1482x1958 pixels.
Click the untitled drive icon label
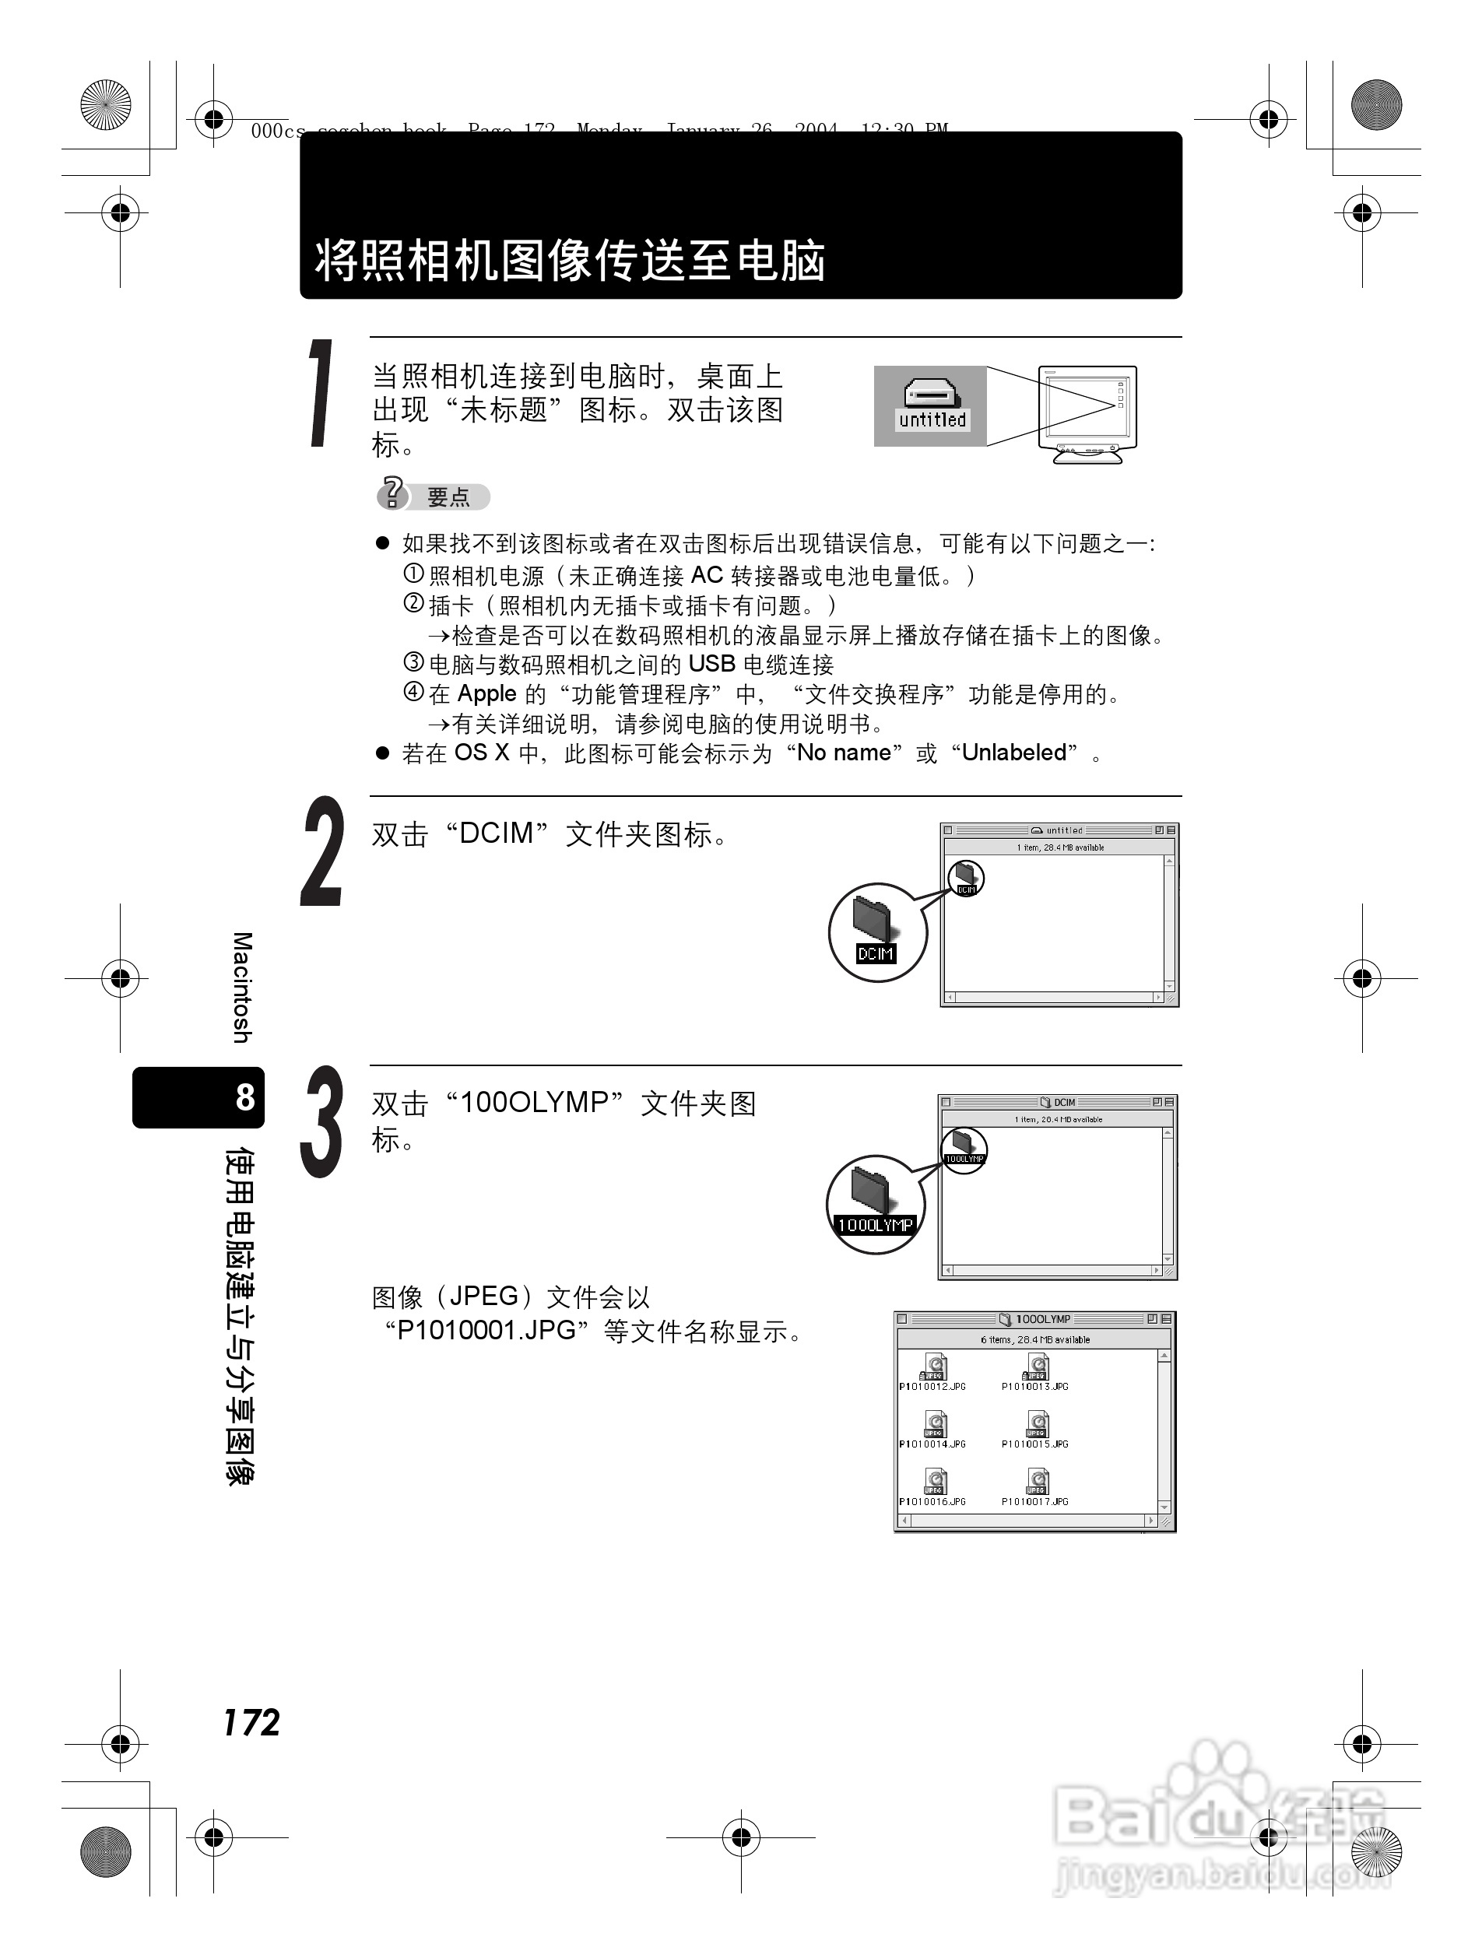pyautogui.click(x=932, y=419)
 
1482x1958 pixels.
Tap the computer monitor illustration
pyautogui.click(x=1088, y=413)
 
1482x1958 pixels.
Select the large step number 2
pyautogui.click(x=322, y=851)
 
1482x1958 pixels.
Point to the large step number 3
pyautogui.click(x=322, y=1121)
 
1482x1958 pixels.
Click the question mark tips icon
pyautogui.click(x=392, y=493)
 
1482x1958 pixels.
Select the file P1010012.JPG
pyautogui.click(x=933, y=1371)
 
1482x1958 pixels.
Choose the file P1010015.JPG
pyautogui.click(x=1036, y=1429)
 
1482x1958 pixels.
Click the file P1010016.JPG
pyautogui.click(x=933, y=1486)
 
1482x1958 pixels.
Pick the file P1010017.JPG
pyautogui.click(x=1036, y=1486)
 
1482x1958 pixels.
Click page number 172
pyautogui.click(x=251, y=1722)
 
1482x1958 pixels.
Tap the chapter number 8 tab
pyautogui.click(x=244, y=1097)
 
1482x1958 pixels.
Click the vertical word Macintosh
pyautogui.click(x=242, y=987)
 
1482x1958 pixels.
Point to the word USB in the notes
pyautogui.click(x=711, y=664)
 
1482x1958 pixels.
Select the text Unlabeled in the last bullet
pyautogui.click(x=1013, y=753)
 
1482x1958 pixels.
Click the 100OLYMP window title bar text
pyautogui.click(x=1042, y=1319)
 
